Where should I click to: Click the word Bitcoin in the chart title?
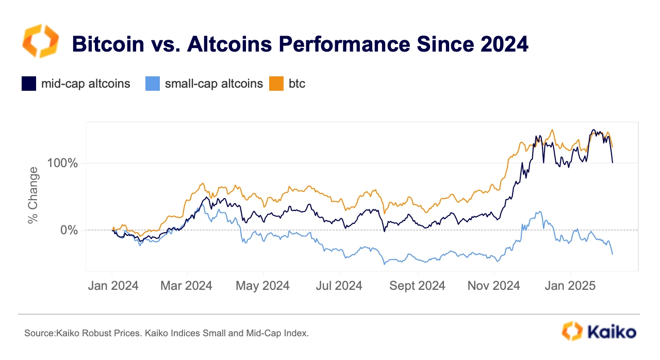[108, 44]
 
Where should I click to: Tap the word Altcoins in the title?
[229, 44]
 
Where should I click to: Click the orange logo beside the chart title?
[41, 41]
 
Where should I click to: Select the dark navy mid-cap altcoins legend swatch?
[29, 84]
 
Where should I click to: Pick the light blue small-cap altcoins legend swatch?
[153, 84]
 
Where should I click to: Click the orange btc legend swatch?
[276, 84]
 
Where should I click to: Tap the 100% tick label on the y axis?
[62, 163]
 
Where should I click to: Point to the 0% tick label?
[69, 230]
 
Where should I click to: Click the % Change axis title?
[32, 195]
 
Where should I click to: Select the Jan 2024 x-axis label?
[113, 286]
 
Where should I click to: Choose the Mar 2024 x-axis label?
[186, 286]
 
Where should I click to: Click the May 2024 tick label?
[262, 286]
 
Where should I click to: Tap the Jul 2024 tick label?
[339, 286]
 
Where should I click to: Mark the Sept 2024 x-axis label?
[417, 286]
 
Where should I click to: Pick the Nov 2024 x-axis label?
[494, 286]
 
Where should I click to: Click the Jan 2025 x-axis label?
[570, 286]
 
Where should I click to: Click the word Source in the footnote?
[40, 333]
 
